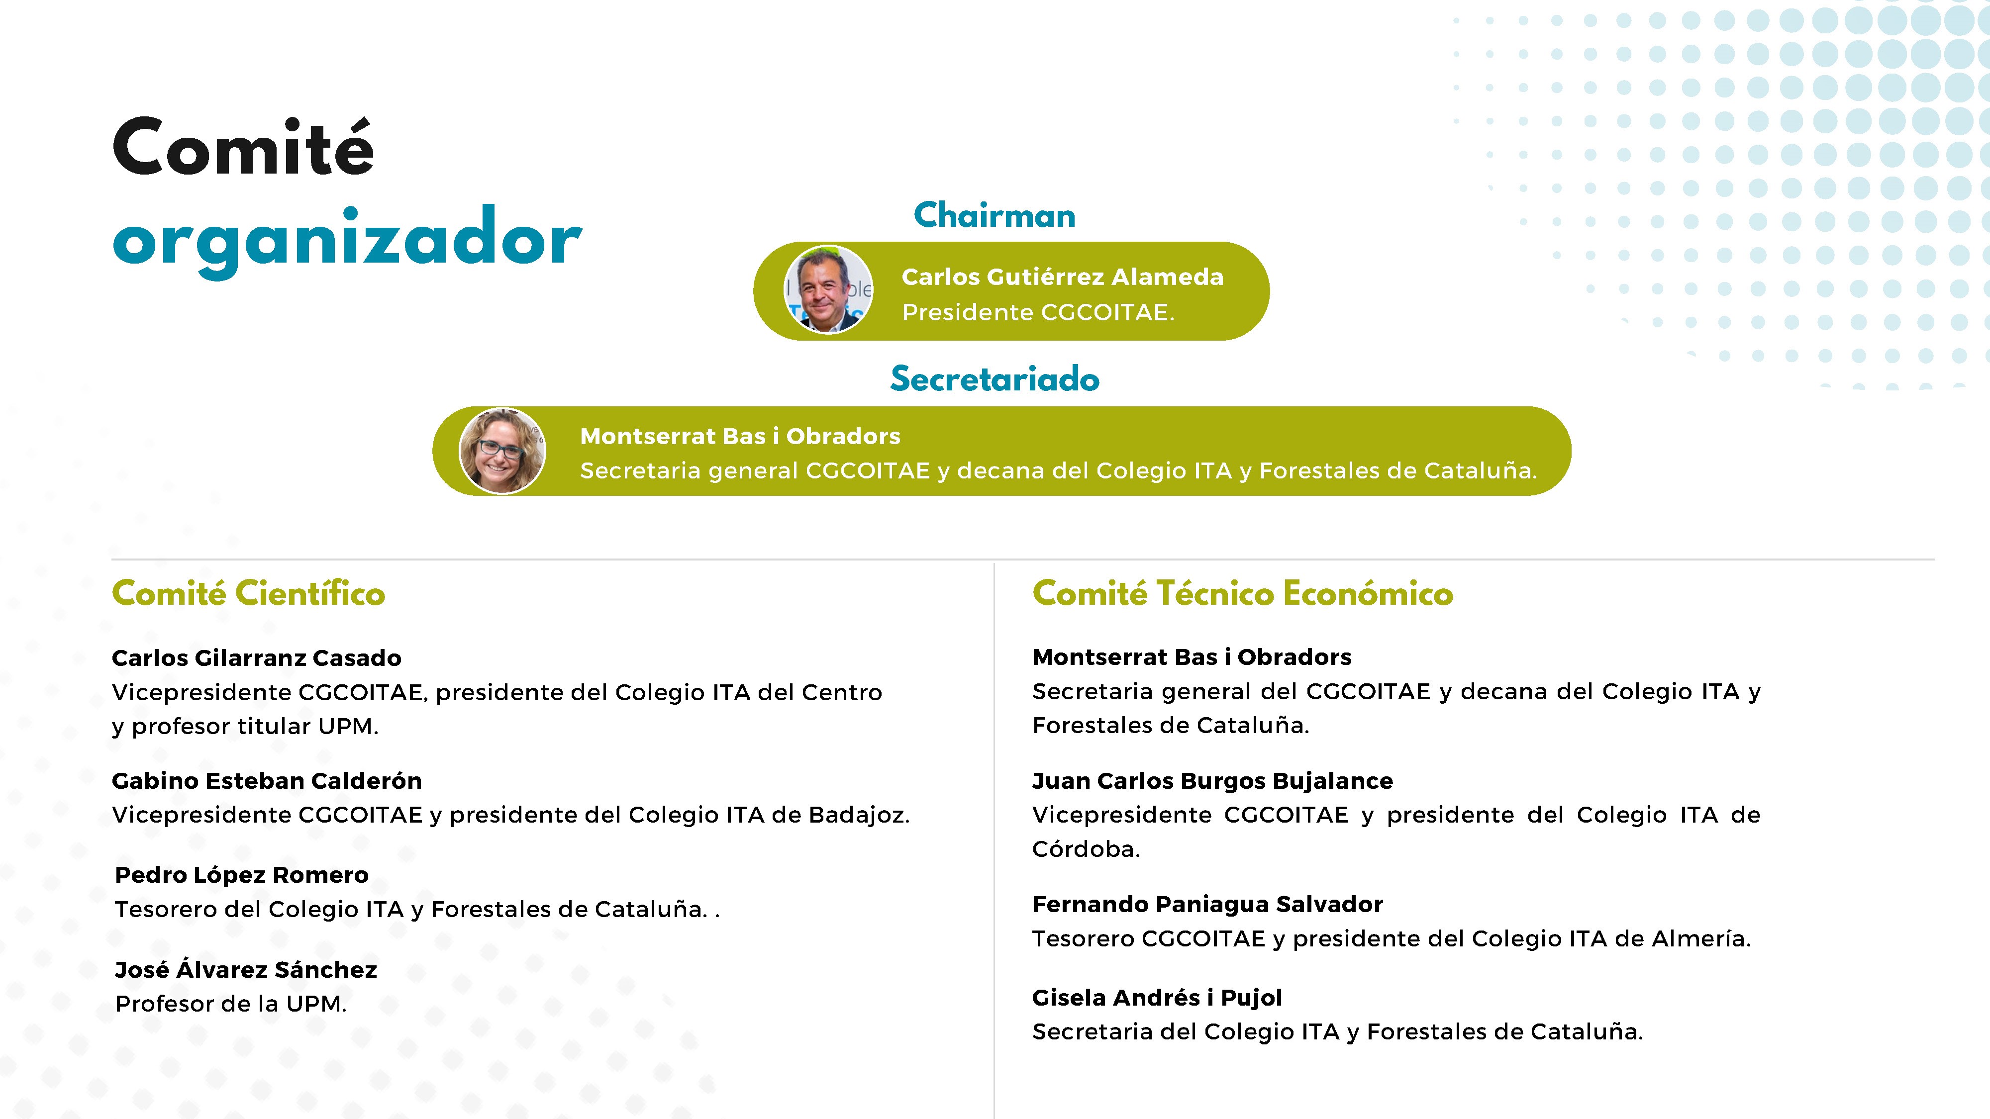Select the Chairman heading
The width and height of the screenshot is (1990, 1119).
pyautogui.click(x=994, y=215)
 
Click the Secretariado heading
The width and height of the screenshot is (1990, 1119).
pyautogui.click(x=994, y=378)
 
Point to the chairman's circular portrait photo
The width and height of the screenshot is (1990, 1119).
pyautogui.click(x=828, y=289)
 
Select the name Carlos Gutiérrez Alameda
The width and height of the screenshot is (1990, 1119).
pyautogui.click(x=1062, y=277)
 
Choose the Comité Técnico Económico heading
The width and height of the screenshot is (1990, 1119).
pyautogui.click(x=1242, y=593)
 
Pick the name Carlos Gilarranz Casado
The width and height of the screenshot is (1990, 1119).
pyautogui.click(x=257, y=658)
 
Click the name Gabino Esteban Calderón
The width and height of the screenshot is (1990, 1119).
pyautogui.click(x=267, y=781)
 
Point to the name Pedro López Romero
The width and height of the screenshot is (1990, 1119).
pyautogui.click(x=242, y=875)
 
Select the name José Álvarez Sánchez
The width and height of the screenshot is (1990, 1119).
pyautogui.click(x=246, y=969)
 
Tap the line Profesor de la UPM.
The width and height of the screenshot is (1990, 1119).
pyautogui.click(x=231, y=1004)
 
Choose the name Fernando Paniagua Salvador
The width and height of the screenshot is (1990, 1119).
pyautogui.click(x=1207, y=904)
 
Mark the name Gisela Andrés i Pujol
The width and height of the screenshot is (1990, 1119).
pyautogui.click(x=1157, y=998)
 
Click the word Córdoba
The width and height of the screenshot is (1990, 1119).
pyautogui.click(x=1086, y=849)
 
